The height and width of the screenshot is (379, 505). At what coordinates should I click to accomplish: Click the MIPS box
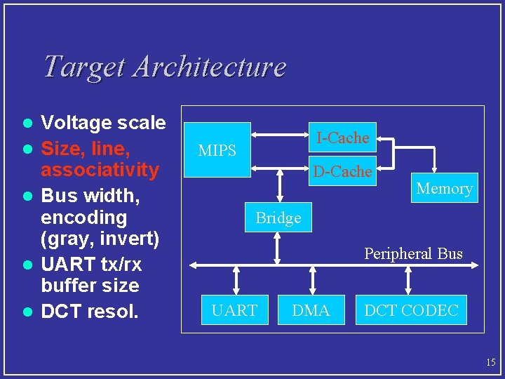[x=217, y=150]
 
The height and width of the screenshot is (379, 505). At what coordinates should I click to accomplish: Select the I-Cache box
[x=342, y=138]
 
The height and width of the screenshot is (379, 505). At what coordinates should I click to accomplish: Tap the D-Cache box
[x=342, y=171]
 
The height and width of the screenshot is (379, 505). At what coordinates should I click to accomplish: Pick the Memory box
[x=444, y=188]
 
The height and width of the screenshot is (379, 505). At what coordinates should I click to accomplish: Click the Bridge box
[x=278, y=218]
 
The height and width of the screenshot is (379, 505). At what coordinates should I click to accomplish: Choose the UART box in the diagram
[x=234, y=310]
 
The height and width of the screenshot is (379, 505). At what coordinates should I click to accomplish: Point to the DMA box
[x=311, y=310]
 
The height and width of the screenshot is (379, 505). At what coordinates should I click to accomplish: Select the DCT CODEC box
[x=411, y=310]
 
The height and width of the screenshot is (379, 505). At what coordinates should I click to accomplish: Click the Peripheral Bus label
[x=413, y=253]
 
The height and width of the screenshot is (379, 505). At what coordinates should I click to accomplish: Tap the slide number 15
[x=490, y=362]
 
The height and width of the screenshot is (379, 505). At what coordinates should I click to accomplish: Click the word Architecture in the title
[x=209, y=67]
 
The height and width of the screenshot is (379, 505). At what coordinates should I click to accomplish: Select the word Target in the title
[x=83, y=67]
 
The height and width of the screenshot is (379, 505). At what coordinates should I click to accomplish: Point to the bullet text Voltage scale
[x=103, y=124]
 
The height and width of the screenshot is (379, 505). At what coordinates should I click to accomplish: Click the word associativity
[x=100, y=170]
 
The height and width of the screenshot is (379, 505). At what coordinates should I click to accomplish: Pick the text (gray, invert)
[x=100, y=239]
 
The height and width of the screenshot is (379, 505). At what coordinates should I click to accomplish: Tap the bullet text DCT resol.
[x=88, y=311]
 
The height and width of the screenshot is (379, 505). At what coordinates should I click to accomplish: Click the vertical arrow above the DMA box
[x=311, y=281]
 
